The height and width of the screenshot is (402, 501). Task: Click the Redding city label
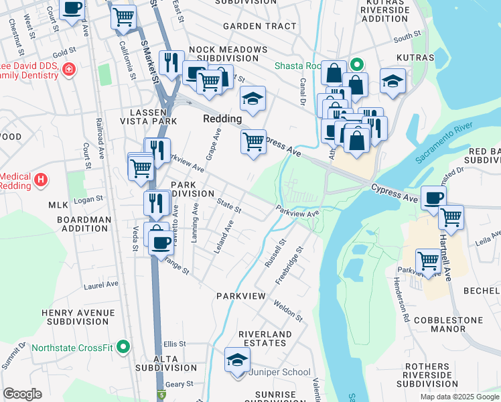pos(222,119)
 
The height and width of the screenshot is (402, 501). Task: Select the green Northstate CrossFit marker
pos(123,347)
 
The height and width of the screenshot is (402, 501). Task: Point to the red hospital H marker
pos(42,180)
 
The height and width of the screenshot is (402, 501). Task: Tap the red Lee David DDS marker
pos(68,70)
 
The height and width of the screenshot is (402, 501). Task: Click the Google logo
pos(22,394)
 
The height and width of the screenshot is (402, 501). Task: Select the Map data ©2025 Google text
pos(459,397)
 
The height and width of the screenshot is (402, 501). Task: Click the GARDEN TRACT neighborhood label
pos(259,26)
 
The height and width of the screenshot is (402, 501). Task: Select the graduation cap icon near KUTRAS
pos(392,82)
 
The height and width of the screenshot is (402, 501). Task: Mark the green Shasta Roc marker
pos(357,65)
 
